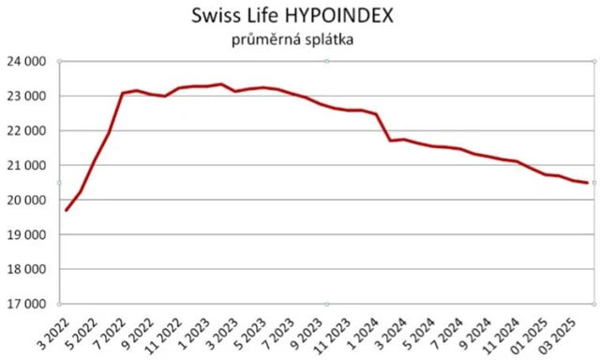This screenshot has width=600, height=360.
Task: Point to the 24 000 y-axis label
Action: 28,62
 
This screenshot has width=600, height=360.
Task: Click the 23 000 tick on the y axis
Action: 28,97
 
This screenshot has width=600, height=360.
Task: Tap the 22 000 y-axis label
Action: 28,131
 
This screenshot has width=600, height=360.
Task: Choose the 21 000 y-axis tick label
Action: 28,166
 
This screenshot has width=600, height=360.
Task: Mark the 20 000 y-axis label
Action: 28,201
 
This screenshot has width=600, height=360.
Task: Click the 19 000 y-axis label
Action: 28,235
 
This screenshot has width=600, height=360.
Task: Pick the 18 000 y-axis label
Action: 28,270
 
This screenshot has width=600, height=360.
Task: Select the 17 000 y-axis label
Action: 28,305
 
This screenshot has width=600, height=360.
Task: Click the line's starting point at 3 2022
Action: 66,210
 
